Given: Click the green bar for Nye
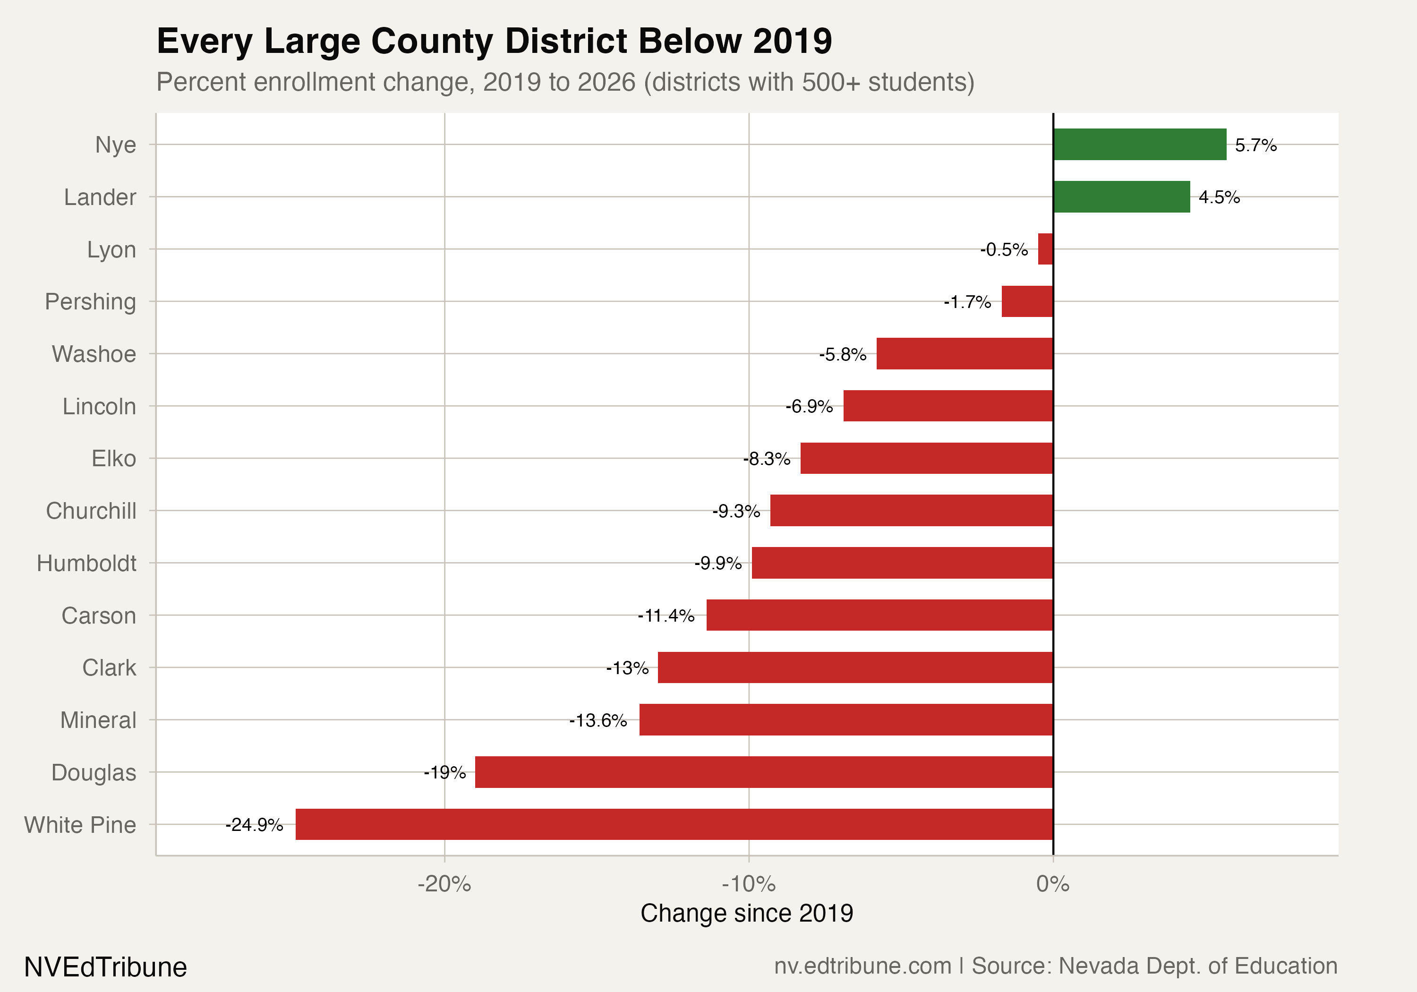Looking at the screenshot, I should click(x=1139, y=145).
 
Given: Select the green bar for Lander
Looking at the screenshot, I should click(x=1121, y=197).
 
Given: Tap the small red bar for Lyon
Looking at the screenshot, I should click(x=1045, y=249).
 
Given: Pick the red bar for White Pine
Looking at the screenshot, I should click(x=674, y=824).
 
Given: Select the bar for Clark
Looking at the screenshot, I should click(x=855, y=667).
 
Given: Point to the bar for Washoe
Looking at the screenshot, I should click(x=964, y=354).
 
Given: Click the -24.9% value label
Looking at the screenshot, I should click(x=254, y=825).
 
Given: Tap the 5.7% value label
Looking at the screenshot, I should click(x=1255, y=145).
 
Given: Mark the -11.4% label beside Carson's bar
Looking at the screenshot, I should click(x=666, y=616).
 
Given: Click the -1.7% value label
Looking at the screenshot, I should click(x=967, y=302).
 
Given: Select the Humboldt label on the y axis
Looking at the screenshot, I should click(x=86, y=563).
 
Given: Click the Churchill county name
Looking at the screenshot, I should click(x=91, y=511).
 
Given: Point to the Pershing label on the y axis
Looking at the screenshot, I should click(x=90, y=302).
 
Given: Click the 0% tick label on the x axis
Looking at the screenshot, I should click(x=1052, y=884).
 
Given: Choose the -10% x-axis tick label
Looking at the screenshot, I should click(x=748, y=884).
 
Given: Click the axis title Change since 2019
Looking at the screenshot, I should click(x=746, y=913).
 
